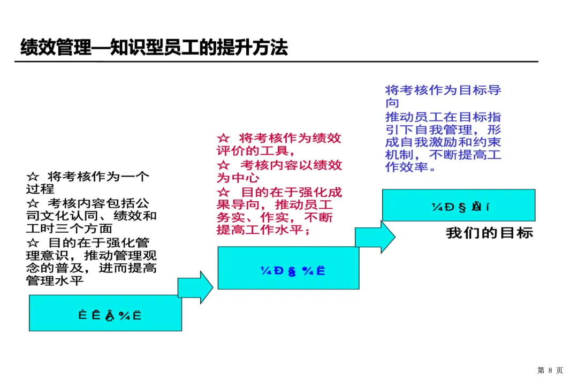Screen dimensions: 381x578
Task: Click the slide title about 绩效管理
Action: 154,48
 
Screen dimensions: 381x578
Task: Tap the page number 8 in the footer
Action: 550,370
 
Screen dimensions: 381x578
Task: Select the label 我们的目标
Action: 489,233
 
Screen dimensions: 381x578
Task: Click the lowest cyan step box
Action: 105,313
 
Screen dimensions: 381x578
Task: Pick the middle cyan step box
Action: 288,268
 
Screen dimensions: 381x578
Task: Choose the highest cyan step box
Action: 458,205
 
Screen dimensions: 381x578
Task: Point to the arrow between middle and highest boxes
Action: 375,237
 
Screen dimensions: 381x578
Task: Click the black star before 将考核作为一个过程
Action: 33,177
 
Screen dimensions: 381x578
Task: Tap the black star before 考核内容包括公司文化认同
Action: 33,203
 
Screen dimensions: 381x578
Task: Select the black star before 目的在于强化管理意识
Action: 33,243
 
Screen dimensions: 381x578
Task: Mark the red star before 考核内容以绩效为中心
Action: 223,165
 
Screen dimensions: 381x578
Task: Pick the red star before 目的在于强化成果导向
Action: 223,192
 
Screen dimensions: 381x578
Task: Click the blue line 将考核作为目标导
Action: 443,90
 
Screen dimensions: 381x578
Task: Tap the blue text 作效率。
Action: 411,167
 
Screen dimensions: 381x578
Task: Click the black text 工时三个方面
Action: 69,228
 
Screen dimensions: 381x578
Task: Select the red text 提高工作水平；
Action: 263,231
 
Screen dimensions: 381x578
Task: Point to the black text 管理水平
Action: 55,280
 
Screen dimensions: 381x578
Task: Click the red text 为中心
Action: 238,178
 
